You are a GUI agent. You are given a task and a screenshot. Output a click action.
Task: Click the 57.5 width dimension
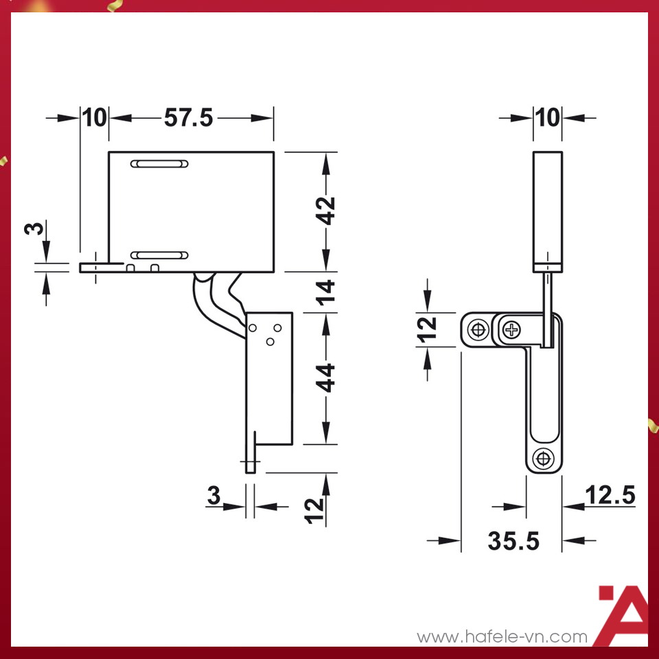click(x=189, y=118)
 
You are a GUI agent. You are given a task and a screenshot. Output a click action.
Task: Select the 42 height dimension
click(x=327, y=211)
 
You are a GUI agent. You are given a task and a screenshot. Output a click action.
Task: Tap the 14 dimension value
click(x=327, y=292)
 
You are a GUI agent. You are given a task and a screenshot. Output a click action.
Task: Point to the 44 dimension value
click(x=327, y=378)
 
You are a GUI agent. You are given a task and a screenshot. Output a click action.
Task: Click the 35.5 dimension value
click(x=513, y=541)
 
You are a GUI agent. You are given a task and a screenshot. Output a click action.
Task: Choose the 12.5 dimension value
click(x=610, y=495)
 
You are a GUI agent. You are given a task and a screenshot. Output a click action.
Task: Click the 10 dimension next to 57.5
click(x=95, y=118)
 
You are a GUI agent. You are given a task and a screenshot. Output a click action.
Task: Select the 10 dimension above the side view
click(x=548, y=118)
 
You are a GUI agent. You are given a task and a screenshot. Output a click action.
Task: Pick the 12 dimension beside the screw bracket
click(x=428, y=329)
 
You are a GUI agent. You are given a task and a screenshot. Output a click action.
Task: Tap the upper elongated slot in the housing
click(x=160, y=164)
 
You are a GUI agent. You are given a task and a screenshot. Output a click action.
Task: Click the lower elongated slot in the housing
click(x=160, y=255)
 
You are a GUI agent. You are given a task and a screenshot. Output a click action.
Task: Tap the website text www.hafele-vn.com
click(x=502, y=637)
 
